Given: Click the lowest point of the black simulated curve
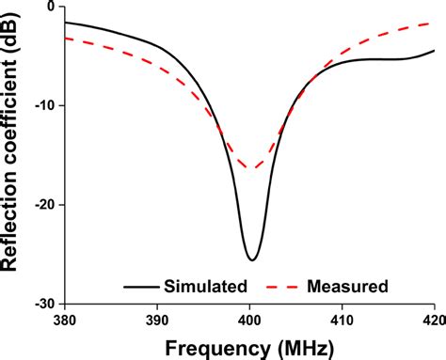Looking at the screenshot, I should (x=251, y=260).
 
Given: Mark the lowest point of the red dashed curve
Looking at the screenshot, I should (x=251, y=168).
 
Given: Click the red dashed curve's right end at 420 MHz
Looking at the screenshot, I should (x=433, y=23).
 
